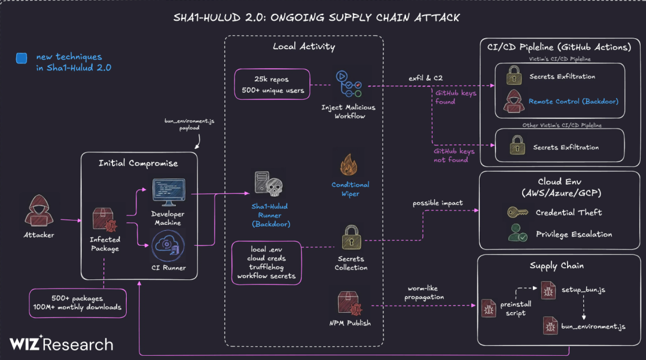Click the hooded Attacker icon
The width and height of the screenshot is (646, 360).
(x=38, y=210)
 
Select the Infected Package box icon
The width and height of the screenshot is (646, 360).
(x=103, y=219)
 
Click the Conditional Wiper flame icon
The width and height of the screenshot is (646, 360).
(x=350, y=164)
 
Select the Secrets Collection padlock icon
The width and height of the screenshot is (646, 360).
(x=351, y=239)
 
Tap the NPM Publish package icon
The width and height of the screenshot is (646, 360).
(x=351, y=303)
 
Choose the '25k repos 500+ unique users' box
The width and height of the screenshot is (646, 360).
(x=272, y=84)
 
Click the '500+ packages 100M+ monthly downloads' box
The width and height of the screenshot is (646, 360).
(x=78, y=302)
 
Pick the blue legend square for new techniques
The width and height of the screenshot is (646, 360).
(x=22, y=58)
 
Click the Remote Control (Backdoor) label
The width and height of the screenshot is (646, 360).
(x=573, y=102)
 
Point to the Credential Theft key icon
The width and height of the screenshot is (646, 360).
(x=517, y=212)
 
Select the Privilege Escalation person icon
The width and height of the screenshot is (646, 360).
(x=517, y=233)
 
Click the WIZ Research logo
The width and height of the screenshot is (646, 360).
(x=61, y=344)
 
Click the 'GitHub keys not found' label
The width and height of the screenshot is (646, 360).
(x=454, y=155)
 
